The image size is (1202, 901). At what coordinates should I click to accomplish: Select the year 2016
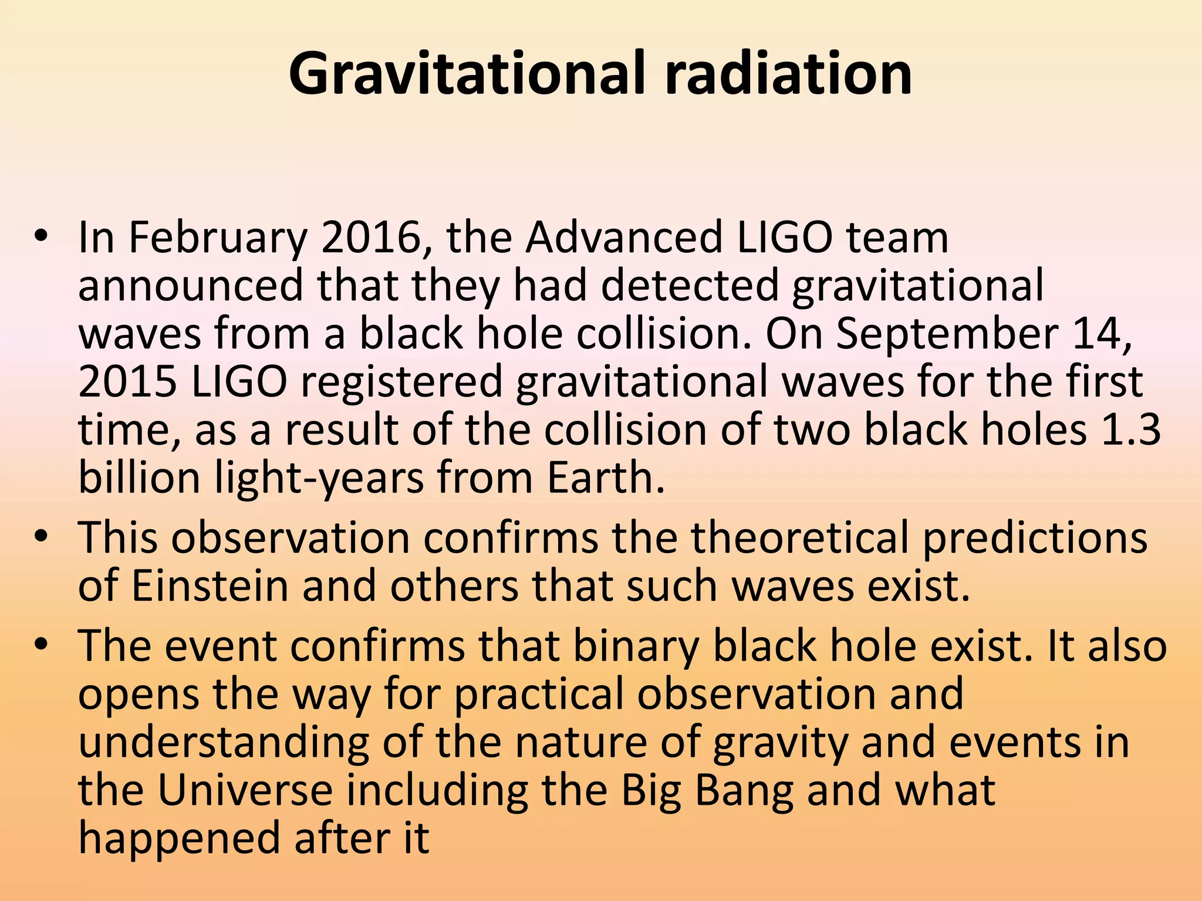pyautogui.click(x=376, y=238)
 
